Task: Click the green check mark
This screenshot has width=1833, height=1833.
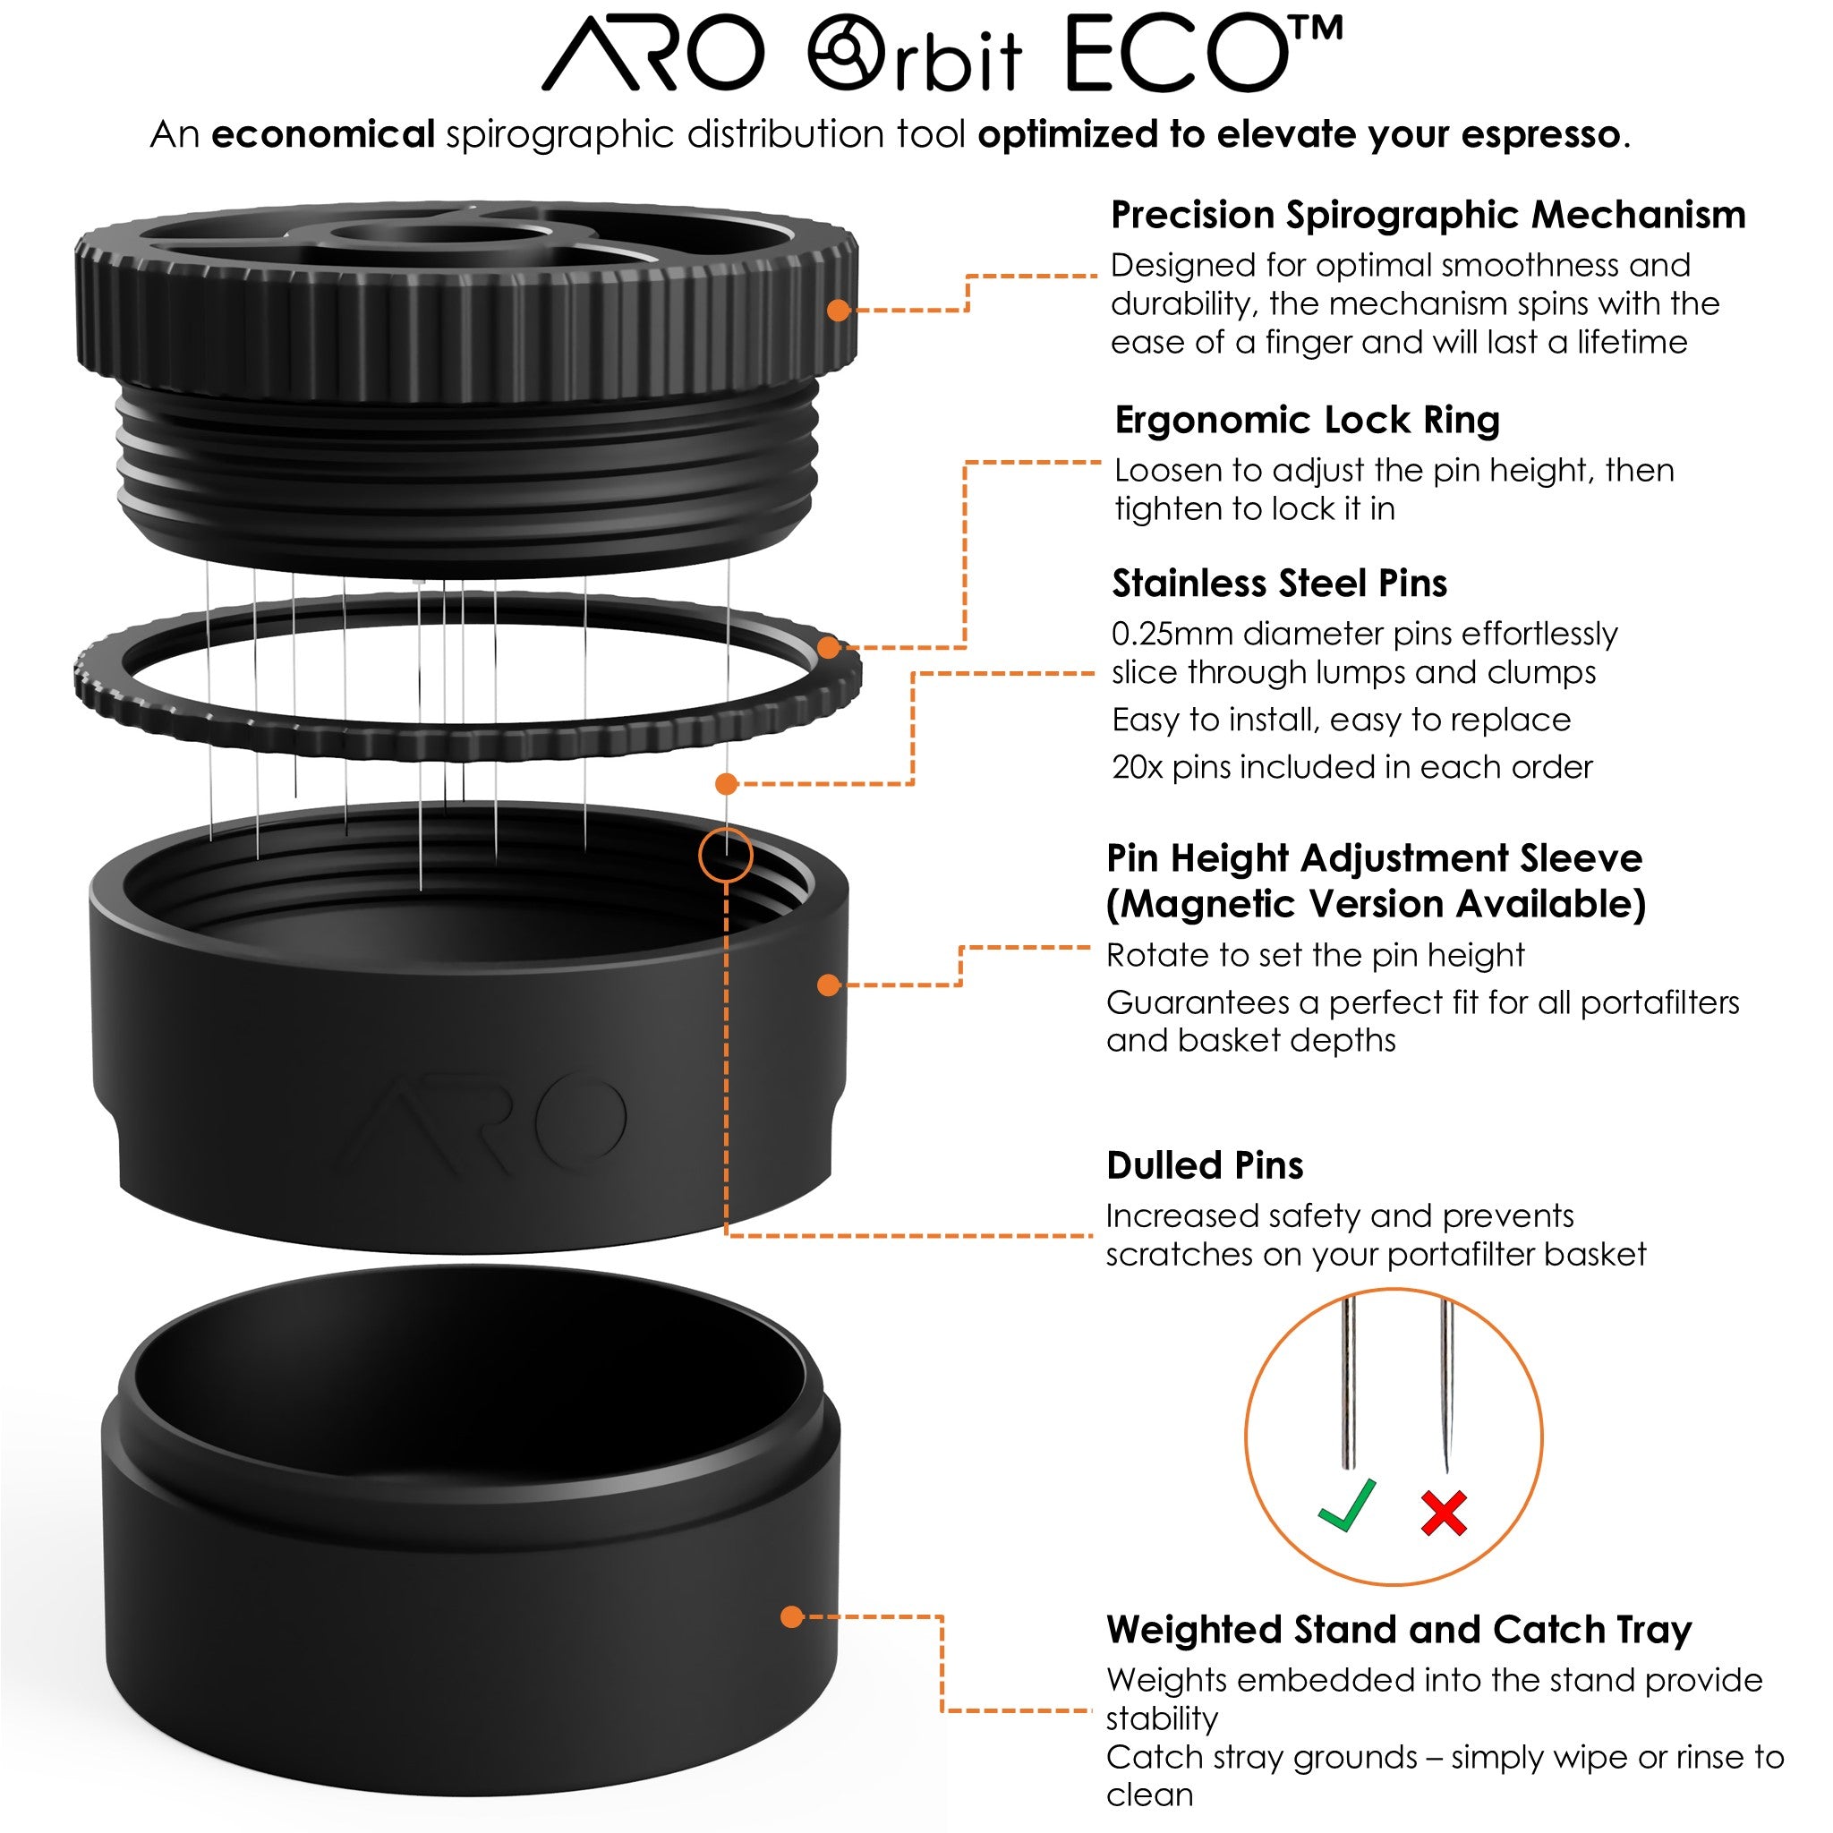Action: (1347, 1505)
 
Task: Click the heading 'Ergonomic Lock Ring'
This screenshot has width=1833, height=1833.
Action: (1307, 421)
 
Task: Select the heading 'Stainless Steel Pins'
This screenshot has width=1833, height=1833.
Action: (1279, 584)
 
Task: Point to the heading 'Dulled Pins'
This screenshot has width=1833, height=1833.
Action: (1204, 1165)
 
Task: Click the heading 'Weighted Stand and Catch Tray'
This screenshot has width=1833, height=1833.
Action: (1399, 1630)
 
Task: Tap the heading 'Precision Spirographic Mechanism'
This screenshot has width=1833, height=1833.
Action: (1427, 216)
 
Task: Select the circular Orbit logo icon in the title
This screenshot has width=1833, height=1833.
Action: (845, 53)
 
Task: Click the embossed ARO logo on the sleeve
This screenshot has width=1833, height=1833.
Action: (484, 1124)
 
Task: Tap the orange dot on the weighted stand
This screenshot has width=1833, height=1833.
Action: (792, 1616)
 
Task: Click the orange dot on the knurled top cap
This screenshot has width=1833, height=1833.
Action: (838, 311)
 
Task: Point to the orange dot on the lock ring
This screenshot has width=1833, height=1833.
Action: (828, 648)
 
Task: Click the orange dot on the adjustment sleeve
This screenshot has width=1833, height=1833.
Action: (828, 985)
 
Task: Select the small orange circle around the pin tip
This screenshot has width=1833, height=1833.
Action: (726, 856)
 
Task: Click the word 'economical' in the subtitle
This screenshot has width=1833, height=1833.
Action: (322, 135)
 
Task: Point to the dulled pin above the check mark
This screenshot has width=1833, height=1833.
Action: (1348, 1385)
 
